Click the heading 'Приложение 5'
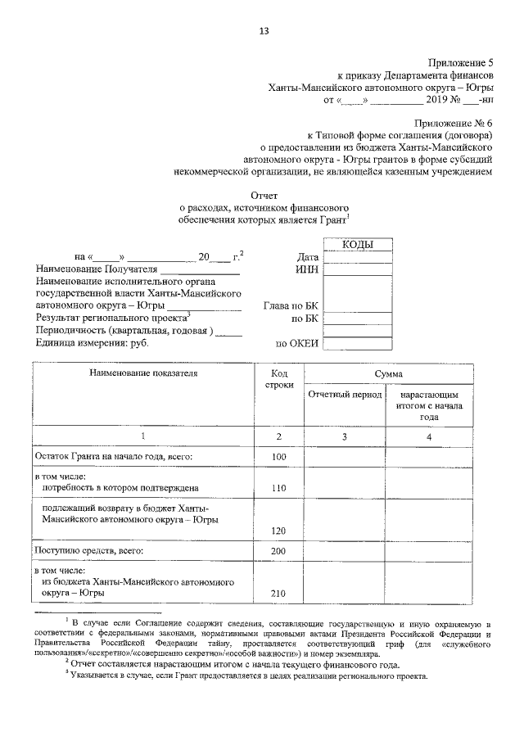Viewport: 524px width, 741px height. point(462,62)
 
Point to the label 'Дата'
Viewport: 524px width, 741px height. point(308,257)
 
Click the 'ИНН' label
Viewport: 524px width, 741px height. point(307,269)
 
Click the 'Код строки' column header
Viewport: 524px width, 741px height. point(279,379)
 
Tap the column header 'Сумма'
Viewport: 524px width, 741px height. point(387,373)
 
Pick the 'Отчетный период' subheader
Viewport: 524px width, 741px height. point(345,395)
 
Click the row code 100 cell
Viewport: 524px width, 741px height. point(279,456)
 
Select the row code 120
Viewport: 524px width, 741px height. point(279,531)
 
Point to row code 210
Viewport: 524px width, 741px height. point(279,594)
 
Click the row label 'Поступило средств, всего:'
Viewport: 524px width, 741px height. point(88,551)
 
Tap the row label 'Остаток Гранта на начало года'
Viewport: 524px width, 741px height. point(113,456)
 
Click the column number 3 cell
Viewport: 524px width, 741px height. point(345,436)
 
